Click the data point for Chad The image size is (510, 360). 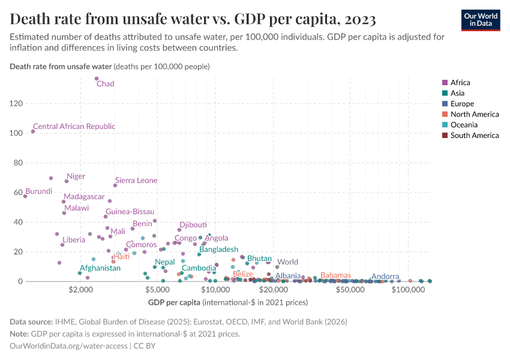(97, 79)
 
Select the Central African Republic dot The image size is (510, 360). (33, 131)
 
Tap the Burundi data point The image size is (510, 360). (25, 196)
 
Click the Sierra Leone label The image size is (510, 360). (136, 181)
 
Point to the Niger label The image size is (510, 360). (76, 176)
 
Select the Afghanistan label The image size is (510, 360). (100, 268)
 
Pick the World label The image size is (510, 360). (287, 262)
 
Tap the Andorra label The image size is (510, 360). (385, 277)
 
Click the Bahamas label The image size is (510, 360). (335, 275)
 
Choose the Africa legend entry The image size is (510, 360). (460, 83)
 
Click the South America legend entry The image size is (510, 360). (474, 136)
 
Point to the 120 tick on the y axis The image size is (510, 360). (16, 104)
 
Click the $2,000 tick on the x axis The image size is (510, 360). (80, 290)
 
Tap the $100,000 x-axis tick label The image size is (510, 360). (409, 290)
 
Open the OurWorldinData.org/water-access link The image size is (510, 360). (70, 346)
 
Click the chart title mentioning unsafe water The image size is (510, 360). (193, 19)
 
